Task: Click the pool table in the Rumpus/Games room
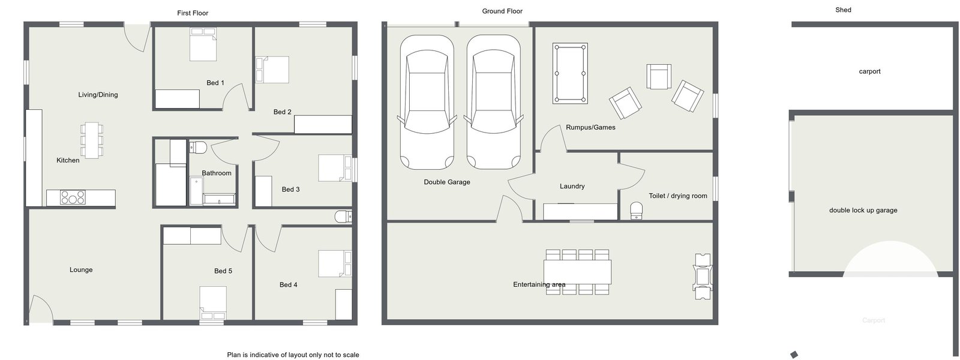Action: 570,73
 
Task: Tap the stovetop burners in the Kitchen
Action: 73,197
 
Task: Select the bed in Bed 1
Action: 203,44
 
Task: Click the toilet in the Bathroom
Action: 198,148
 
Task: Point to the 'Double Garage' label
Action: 446,182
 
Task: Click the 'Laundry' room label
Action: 572,187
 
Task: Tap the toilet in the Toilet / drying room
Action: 637,211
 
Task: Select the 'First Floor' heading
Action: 193,13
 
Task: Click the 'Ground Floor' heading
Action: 502,11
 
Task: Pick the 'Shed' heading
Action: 843,10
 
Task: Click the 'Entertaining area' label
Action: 539,284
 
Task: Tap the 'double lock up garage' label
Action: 863,211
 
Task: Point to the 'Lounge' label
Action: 81,270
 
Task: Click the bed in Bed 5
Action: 212,303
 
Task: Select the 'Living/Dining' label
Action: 98,95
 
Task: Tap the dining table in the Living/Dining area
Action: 92,140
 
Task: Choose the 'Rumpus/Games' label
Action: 590,127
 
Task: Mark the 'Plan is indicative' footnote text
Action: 293,355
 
